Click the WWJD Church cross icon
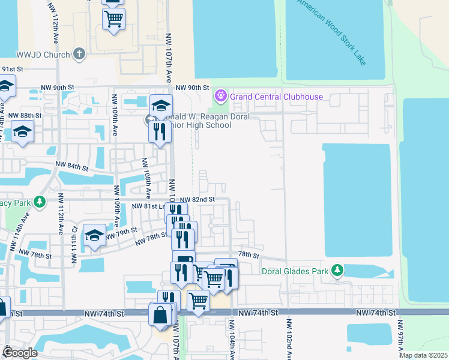point(79,54)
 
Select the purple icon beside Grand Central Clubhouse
point(220,96)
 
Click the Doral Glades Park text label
point(295,271)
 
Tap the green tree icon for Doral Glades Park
point(338,271)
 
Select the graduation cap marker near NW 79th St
point(94,236)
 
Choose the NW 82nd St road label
point(196,199)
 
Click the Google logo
point(20,353)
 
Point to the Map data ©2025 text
point(423,355)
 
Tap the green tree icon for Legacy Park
point(40,203)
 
